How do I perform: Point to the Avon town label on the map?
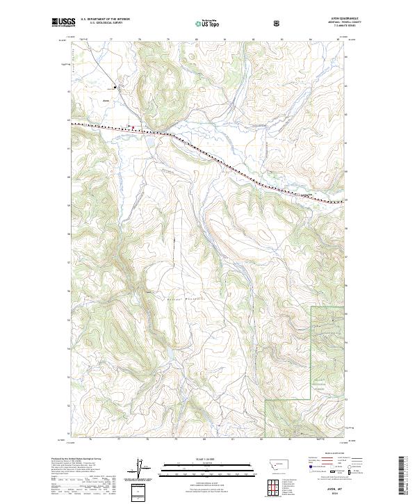tap(106, 100)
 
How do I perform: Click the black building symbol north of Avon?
tap(115, 87)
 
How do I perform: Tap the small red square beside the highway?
tap(128, 126)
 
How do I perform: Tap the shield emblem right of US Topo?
tap(278, 23)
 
